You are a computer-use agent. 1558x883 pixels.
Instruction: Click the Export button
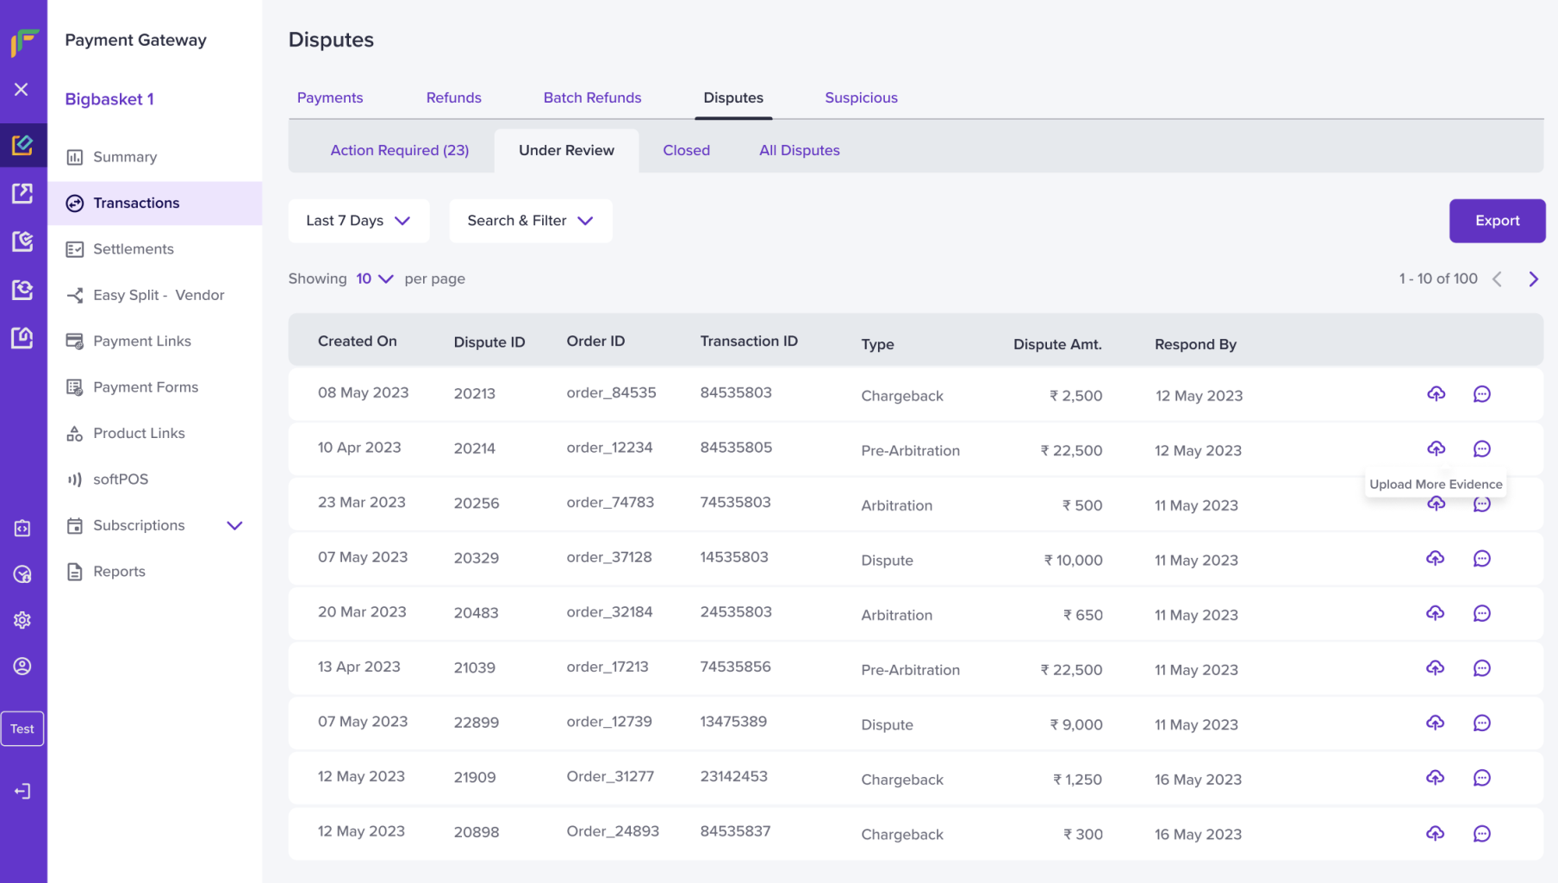1497,221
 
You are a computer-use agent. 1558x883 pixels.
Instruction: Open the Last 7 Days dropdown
358,221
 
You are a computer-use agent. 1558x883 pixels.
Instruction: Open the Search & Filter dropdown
531,221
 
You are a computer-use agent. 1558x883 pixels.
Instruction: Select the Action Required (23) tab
400,150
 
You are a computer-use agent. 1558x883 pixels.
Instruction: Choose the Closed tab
687,150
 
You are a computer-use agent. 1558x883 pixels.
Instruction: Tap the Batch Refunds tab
592,97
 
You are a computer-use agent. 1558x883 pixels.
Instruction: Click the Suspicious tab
861,97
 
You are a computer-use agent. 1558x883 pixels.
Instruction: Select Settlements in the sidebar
134,249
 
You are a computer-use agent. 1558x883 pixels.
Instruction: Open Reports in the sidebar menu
119,572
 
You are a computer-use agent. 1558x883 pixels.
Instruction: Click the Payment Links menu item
142,341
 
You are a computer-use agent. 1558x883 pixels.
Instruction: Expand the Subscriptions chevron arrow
234,525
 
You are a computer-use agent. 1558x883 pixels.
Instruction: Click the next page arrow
1533,279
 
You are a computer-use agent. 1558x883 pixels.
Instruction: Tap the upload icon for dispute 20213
1436,394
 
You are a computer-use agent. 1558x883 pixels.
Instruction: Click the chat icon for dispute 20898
1481,834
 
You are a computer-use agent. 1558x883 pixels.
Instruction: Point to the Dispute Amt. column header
1057,344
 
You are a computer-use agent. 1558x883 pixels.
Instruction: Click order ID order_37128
609,557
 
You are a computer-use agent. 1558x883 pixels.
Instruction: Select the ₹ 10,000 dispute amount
1074,560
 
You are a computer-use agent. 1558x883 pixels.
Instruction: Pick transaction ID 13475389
733,722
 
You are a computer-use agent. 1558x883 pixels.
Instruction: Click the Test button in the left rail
22,729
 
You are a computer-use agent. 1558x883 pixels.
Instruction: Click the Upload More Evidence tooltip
1436,484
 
